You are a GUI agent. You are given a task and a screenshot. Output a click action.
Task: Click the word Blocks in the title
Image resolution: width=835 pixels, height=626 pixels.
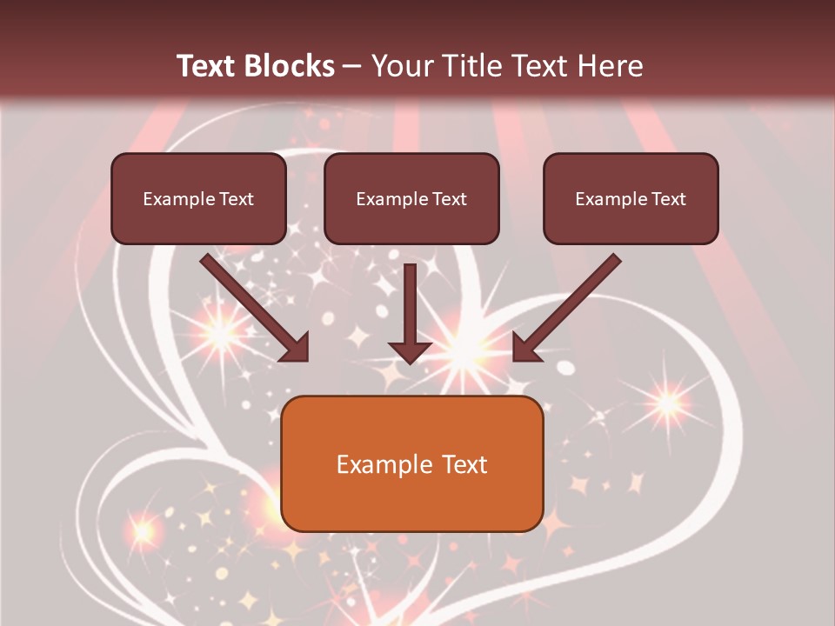(x=287, y=66)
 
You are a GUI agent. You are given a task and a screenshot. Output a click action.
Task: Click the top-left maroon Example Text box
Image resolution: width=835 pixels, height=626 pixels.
(x=198, y=198)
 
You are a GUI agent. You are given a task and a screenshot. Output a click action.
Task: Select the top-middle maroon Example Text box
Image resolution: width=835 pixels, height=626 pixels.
(x=411, y=198)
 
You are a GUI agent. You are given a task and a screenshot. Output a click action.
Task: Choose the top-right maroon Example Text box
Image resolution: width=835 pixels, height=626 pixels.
(x=631, y=198)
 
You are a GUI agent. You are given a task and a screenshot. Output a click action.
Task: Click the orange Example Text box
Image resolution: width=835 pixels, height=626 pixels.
(x=412, y=463)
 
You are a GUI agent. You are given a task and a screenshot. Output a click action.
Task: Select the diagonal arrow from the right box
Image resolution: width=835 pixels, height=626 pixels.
(x=567, y=307)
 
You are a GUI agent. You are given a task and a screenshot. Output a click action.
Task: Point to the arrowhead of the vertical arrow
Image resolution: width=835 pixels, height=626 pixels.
(x=410, y=351)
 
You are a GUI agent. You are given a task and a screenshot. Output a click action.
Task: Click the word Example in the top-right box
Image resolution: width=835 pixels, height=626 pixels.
(x=610, y=199)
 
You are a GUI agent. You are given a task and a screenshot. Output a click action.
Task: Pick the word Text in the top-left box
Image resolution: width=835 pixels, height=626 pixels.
(x=236, y=199)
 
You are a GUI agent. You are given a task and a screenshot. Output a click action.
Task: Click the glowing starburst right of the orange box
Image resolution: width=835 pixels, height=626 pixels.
(x=668, y=403)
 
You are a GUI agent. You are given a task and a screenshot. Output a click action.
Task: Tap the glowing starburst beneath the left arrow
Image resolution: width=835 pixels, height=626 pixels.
(x=219, y=333)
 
